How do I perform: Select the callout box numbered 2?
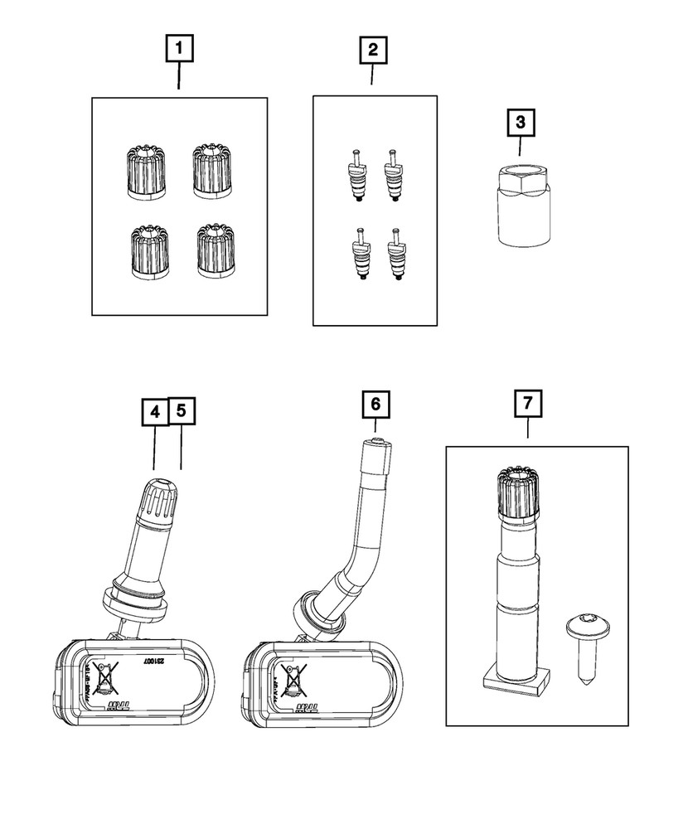point(372,51)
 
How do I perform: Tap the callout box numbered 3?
point(520,124)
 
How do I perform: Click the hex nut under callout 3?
point(520,203)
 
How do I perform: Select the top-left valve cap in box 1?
point(147,169)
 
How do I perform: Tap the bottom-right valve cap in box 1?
point(214,251)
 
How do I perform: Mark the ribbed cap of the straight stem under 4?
point(157,498)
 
